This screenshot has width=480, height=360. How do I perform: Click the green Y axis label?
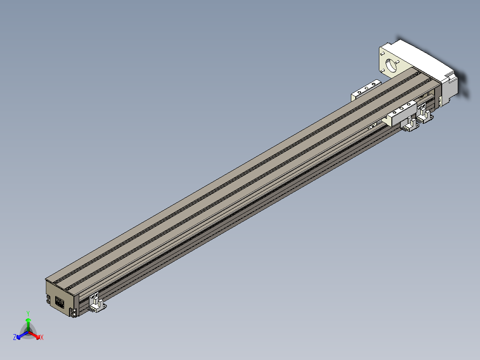click(28, 314)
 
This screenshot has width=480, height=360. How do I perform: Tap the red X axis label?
click(42, 337)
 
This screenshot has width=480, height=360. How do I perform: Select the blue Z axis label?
click(14, 337)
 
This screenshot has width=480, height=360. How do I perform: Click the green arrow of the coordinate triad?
click(28, 324)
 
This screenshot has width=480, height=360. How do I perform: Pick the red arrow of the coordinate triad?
click(35, 335)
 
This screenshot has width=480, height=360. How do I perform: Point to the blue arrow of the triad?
click(22, 335)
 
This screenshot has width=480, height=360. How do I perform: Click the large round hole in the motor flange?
click(391, 65)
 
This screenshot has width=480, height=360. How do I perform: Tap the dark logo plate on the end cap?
click(60, 302)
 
